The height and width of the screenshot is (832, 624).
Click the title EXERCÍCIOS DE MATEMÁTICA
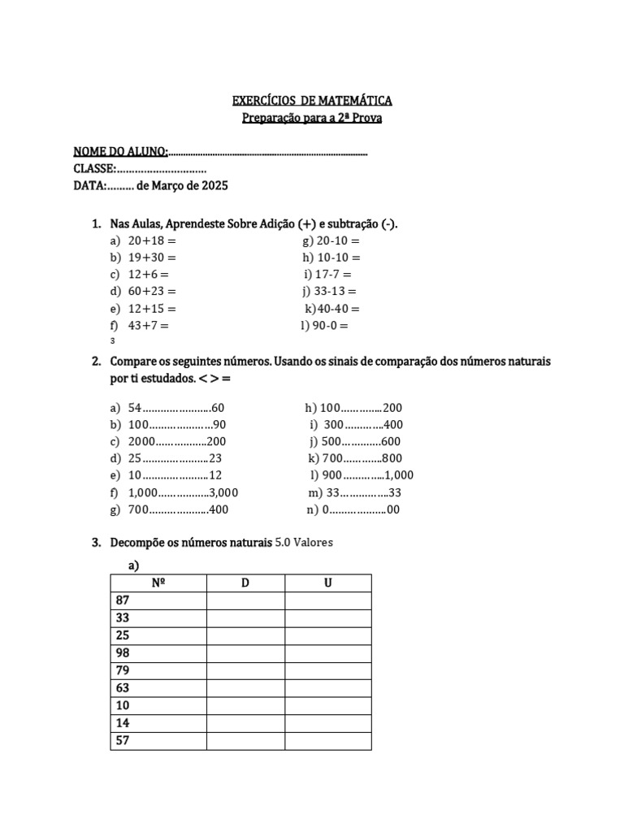312,101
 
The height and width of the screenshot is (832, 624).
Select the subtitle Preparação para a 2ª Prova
312,119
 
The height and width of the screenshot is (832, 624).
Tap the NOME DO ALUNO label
120,152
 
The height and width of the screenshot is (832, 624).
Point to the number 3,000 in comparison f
223,493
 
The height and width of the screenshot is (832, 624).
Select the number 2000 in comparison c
141,442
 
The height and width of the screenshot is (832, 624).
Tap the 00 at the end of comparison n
393,510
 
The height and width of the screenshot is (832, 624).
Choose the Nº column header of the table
158,583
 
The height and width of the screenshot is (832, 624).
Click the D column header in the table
245,583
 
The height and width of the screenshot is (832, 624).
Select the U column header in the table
328,583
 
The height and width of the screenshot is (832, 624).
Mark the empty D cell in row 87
245,600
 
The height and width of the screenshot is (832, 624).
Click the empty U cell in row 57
328,741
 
